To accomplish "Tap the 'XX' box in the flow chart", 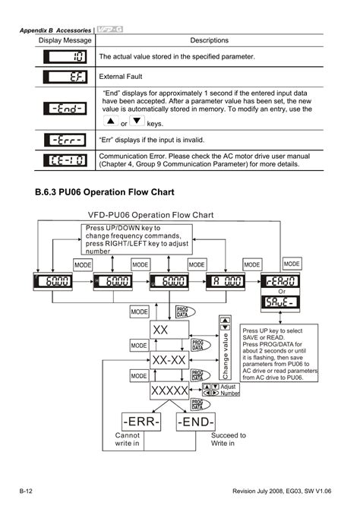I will click(169, 330).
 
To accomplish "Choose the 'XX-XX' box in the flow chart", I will click(169, 359).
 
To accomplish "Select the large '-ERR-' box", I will click(140, 421).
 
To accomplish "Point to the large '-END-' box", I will click(196, 421).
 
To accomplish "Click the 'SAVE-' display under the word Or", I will click(302, 304).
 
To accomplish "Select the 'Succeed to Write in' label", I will click(228, 439).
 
